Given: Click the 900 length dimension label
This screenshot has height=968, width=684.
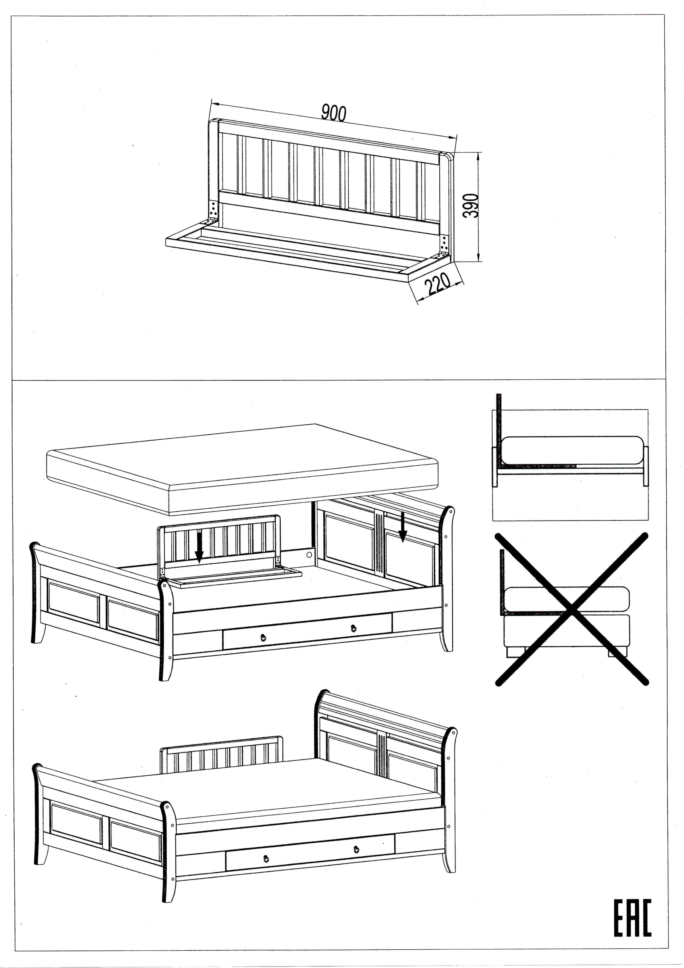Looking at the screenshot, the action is [334, 113].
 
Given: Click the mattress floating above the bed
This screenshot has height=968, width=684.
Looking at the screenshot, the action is [242, 469].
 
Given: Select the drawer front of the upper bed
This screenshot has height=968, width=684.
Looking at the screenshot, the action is [308, 632].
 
